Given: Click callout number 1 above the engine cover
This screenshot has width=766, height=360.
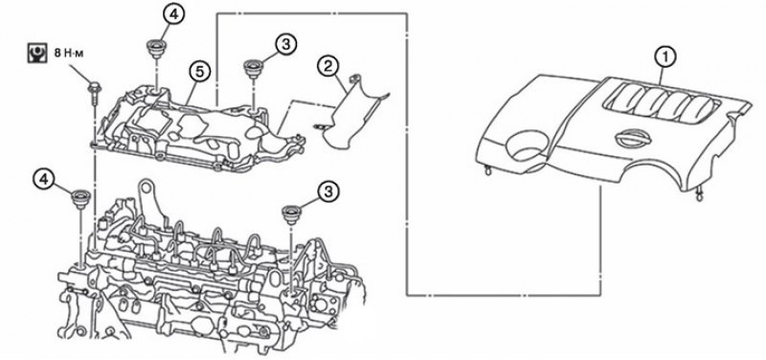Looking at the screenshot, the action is tap(665, 57).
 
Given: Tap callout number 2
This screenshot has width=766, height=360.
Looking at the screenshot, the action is tap(328, 66).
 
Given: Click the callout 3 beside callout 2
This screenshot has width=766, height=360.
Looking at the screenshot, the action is tap(286, 44).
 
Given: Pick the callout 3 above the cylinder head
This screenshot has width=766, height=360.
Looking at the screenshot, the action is tap(328, 191).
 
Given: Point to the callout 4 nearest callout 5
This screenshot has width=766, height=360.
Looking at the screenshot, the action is tap(175, 14).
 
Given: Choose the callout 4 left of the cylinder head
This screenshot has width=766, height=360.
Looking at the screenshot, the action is tap(44, 180).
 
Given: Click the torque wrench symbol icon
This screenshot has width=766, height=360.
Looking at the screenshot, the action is tap(35, 54).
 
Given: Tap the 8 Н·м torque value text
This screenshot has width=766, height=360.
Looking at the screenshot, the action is tap(69, 53).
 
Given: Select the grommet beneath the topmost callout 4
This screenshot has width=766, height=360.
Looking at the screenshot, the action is tap(156, 50).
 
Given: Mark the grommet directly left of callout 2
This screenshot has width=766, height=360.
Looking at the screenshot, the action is tap(254, 69).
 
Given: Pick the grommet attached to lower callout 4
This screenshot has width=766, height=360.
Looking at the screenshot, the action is tap(80, 199).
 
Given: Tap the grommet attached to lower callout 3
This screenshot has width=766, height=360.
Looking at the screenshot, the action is tap(292, 214).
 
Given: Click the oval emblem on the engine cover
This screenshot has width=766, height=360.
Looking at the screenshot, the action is tap(633, 139).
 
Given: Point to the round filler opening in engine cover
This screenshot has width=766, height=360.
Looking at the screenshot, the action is tap(526, 146).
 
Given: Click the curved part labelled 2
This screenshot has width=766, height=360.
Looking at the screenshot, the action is tap(351, 115).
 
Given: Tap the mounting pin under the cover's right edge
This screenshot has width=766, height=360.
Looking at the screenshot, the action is tap(699, 195).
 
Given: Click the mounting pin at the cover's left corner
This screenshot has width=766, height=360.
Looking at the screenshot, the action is tap(486, 170).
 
